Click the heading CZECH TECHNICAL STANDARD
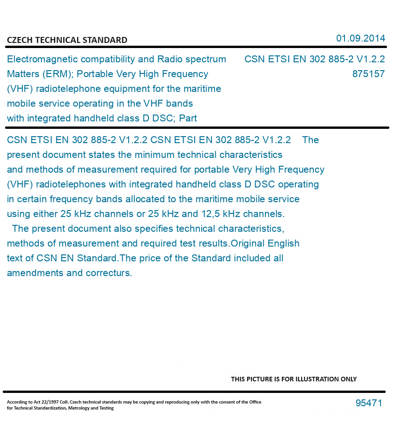(67, 40)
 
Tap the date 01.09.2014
(360, 38)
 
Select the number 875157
(368, 74)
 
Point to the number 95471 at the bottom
(369, 403)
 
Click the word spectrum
(205, 59)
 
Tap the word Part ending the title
(188, 118)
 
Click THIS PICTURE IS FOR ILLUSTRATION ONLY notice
(294, 379)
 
